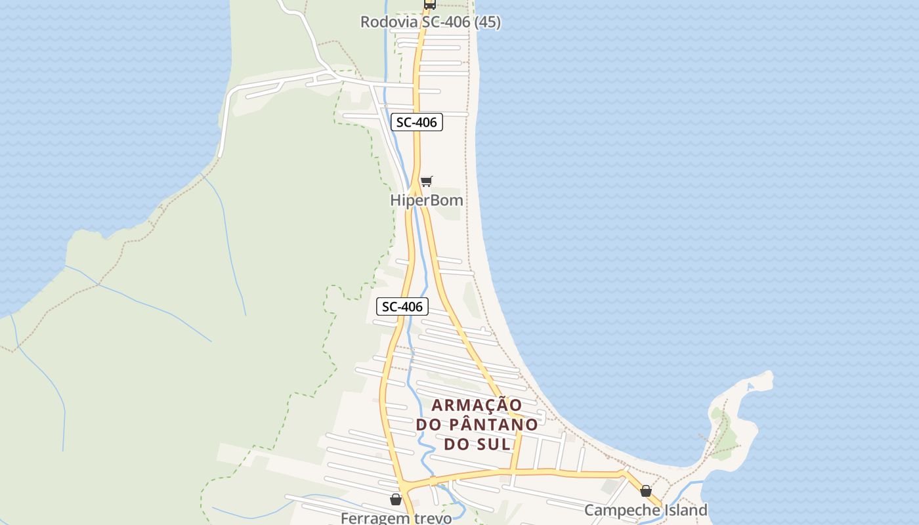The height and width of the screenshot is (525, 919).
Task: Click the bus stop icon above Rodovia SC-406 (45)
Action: point(429,5)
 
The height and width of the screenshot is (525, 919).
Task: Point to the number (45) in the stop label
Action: point(487,22)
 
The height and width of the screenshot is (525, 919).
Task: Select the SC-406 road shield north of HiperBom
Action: point(417,122)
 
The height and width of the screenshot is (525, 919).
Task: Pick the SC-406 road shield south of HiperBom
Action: point(402,306)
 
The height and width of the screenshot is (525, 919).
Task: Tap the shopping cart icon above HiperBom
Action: point(427,181)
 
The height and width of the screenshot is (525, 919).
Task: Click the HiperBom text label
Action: point(427,200)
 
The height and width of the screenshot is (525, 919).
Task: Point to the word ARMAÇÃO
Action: point(477,405)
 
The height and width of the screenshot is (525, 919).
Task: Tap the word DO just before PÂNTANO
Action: point(427,425)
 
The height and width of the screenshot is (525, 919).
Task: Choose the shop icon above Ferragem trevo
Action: point(396,500)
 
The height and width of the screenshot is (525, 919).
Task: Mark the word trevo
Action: point(432,518)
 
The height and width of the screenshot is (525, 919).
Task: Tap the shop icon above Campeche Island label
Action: point(646,491)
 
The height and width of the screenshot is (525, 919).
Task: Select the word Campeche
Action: point(622,510)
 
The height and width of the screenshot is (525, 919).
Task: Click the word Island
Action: point(685,510)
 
